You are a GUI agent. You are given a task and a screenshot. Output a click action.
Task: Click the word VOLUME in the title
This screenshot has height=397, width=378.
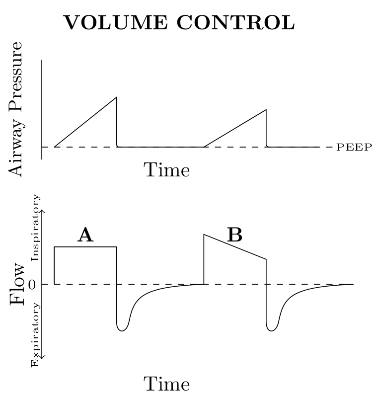point(117,22)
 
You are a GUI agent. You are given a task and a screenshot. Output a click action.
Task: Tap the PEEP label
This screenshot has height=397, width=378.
point(354,147)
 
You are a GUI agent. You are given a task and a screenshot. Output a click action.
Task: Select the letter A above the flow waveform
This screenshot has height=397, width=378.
point(85,235)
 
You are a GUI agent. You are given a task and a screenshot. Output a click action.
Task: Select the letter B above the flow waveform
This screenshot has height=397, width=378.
point(234,235)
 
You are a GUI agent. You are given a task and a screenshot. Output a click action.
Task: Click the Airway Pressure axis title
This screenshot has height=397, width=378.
point(16,109)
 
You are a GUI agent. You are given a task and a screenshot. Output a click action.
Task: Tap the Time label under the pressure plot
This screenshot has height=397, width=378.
point(167,170)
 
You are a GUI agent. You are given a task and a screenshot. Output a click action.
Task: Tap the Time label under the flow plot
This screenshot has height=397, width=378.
point(167,384)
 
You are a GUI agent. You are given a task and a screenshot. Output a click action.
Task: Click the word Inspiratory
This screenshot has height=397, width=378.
point(35,228)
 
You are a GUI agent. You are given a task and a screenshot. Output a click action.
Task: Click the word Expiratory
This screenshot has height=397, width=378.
point(35,336)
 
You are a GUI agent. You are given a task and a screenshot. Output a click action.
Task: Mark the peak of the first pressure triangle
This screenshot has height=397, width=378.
point(116,97)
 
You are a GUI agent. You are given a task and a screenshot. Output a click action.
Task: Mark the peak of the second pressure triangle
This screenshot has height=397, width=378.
point(266,109)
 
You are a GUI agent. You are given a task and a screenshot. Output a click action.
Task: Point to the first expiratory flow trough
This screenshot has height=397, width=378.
point(122,330)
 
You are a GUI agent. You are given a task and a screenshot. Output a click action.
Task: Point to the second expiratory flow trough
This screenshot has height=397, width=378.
point(272,330)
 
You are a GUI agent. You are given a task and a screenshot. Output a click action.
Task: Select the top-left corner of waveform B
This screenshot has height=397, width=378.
point(204,235)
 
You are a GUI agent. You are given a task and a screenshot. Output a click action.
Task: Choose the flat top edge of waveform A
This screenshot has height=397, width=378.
point(85,246)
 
